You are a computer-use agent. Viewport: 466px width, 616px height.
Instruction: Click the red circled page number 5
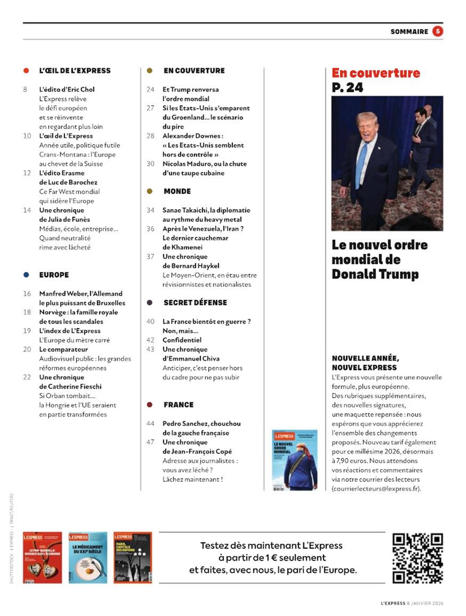pos(437,31)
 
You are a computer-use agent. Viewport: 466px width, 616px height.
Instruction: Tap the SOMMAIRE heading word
pos(409,32)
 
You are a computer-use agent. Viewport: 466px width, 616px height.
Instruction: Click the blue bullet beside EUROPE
pos(26,275)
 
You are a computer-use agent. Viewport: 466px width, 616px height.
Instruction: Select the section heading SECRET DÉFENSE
pos(195,302)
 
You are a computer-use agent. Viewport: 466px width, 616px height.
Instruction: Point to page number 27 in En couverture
pos(150,108)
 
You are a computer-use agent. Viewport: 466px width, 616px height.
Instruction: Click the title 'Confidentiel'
pos(182,340)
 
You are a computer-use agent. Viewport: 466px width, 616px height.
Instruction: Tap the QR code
pos(418,558)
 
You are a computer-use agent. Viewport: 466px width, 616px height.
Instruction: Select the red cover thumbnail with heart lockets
pos(43,557)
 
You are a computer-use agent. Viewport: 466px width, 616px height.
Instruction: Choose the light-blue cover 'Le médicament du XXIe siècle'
pos(88,557)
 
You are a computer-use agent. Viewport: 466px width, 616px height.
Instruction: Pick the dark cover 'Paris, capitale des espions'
pos(133,557)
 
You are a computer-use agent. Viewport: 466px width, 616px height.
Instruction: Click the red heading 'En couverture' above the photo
pos(376,73)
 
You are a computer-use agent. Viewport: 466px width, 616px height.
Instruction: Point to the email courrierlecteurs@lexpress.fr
pos(376,489)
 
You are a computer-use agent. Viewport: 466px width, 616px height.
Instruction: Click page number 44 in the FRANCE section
pos(150,424)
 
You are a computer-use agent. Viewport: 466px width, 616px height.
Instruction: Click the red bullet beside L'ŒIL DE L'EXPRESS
pos(26,71)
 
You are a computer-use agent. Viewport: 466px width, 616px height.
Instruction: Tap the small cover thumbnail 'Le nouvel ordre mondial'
pos(294,460)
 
